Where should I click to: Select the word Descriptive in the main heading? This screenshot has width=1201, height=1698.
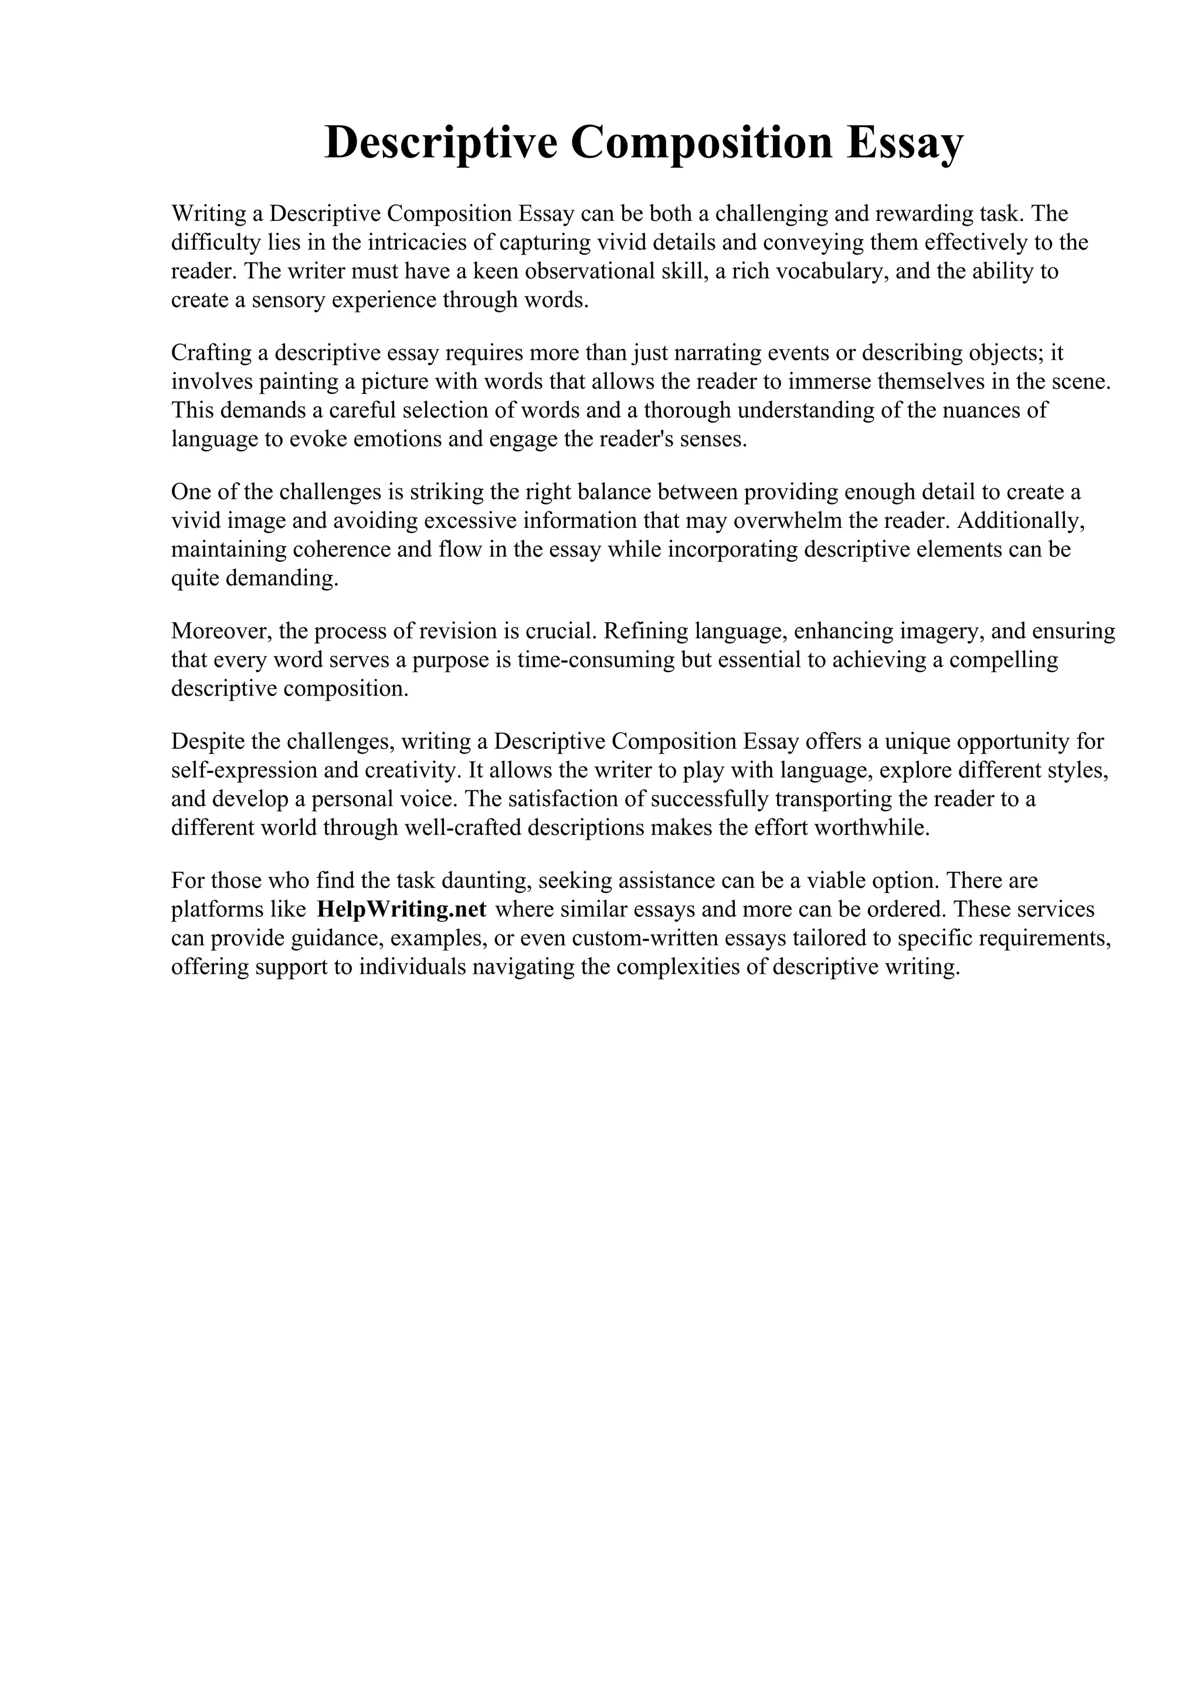(x=440, y=143)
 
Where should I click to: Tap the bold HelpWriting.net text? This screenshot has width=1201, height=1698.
(x=401, y=909)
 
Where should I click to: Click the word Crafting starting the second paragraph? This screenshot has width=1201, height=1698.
(x=211, y=353)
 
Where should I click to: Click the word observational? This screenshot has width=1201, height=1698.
(x=588, y=271)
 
